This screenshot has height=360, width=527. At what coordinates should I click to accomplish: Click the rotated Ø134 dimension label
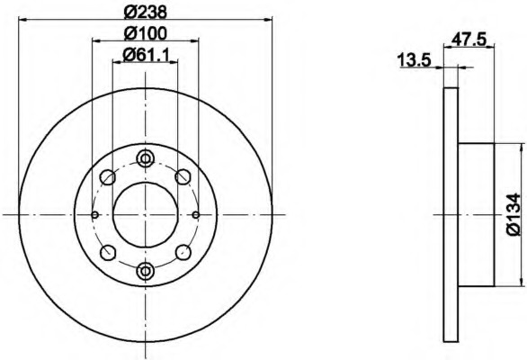point(514,213)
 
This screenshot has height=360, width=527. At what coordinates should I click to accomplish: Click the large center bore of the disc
point(146,214)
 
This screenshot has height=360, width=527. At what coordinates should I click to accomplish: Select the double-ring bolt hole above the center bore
point(146,159)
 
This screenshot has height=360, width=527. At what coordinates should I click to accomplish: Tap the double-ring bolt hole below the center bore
point(146,269)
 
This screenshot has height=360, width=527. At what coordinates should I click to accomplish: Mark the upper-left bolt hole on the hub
point(108,176)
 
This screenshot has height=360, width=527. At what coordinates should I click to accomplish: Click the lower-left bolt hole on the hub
point(108,252)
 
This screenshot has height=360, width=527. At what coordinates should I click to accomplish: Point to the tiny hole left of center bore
point(95,214)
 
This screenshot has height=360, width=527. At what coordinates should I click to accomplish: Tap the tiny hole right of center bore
point(196,214)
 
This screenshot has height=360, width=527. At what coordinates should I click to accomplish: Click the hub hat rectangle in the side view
point(477,214)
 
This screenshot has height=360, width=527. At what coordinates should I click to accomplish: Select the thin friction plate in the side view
point(452,214)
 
